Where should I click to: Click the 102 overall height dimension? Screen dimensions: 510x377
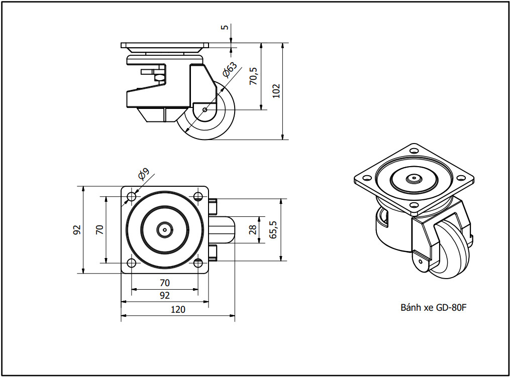coord(276,91)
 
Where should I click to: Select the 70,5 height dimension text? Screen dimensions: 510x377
coord(253,76)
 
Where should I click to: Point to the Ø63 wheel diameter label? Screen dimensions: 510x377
coord(230,69)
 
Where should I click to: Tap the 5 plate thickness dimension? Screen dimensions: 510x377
coord(225,27)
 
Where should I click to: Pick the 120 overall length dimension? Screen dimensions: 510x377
coord(178,309)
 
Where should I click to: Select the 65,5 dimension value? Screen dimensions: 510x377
coord(273,230)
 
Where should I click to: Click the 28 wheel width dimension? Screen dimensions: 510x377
coord(253,229)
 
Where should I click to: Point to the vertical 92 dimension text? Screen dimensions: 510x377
coord(77,230)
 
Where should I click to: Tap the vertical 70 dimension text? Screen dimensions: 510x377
coord(100,230)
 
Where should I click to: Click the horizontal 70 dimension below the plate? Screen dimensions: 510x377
coord(165,283)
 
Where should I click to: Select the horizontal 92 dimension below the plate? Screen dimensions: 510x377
coord(165,295)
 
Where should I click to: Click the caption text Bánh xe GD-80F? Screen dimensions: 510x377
coord(434,307)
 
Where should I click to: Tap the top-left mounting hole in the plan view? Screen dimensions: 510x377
coord(132,197)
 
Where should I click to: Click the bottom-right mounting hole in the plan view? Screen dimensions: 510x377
coord(198,263)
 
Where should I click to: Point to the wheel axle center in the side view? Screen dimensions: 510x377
coord(205,110)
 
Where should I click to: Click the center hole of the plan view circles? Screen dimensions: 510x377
coord(165,230)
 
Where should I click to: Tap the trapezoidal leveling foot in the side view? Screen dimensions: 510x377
coord(159,115)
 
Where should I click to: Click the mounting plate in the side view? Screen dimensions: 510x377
coord(165,45)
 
